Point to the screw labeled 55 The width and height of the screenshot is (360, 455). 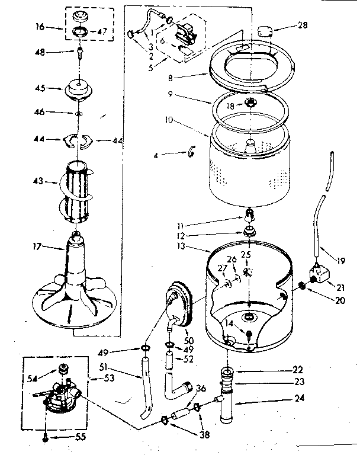point(46,438)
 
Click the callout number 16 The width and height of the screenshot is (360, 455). point(40,27)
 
